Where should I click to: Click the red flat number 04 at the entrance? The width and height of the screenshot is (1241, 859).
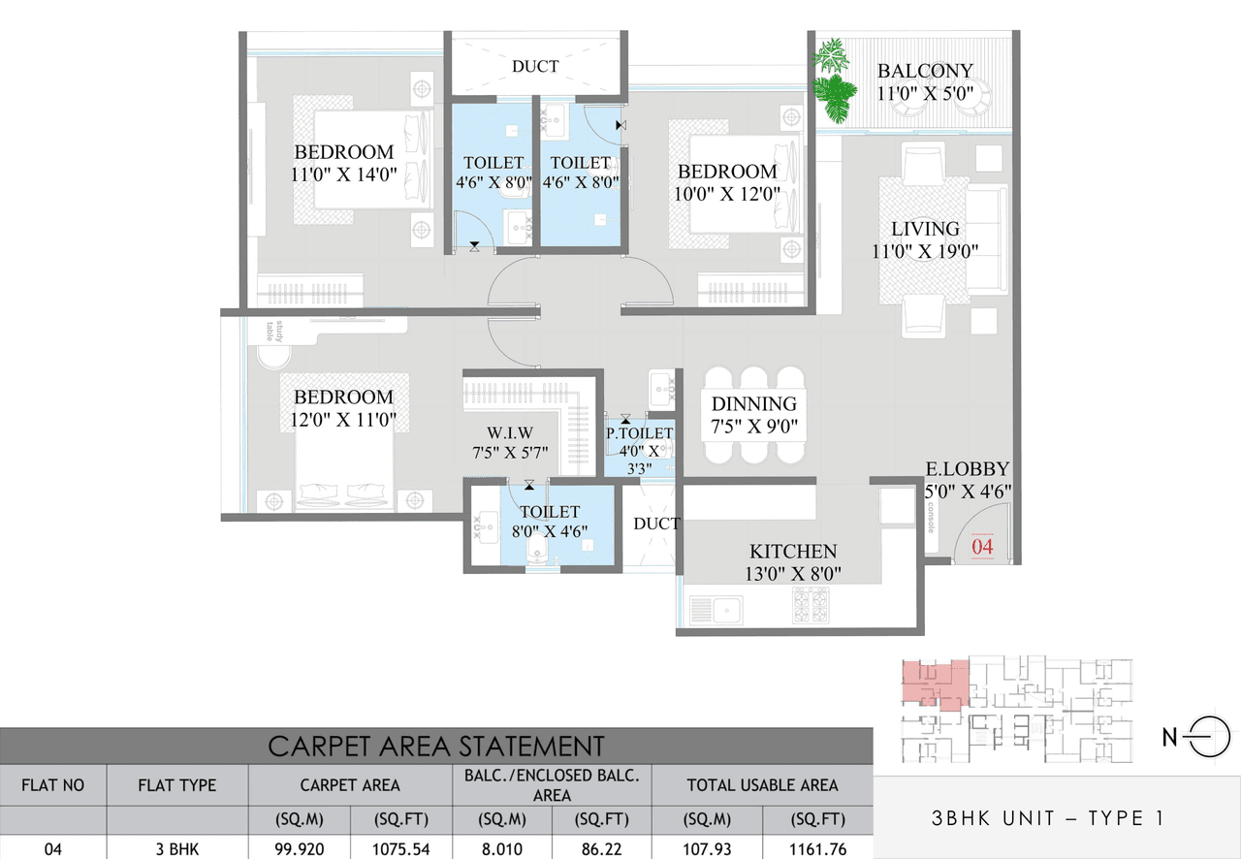[x=982, y=546]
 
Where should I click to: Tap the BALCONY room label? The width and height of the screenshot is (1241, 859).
[x=924, y=71]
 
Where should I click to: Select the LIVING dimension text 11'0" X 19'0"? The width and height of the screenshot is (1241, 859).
[x=925, y=251]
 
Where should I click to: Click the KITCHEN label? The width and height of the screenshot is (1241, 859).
[x=792, y=550]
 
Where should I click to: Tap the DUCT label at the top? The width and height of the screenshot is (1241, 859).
[x=535, y=66]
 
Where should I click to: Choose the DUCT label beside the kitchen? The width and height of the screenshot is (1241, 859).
[x=656, y=524]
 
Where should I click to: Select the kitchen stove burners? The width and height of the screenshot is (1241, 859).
[x=811, y=607]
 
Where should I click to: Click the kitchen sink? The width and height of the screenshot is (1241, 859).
[x=716, y=610]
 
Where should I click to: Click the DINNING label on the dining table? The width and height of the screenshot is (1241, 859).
[x=753, y=404]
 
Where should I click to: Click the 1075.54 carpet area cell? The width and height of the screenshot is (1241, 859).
[x=401, y=849]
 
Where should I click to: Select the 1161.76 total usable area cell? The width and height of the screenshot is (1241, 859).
[x=817, y=849]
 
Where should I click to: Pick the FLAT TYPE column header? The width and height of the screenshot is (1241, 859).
[x=177, y=785]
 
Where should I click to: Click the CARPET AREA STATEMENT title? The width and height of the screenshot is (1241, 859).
[x=435, y=746]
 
